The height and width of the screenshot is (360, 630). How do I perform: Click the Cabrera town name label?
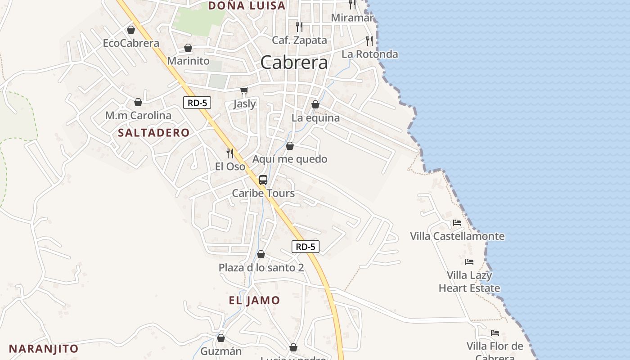pos(294,63)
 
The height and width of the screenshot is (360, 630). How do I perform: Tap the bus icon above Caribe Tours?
pos(263,180)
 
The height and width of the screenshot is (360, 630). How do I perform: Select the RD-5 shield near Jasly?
pos(197,103)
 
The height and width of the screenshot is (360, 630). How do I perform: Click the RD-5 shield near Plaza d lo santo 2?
pos(306,247)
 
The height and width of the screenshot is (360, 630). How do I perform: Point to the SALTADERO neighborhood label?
pos(153,133)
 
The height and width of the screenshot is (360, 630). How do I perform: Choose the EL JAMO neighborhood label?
pos(254,301)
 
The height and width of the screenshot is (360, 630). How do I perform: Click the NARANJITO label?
pos(44,349)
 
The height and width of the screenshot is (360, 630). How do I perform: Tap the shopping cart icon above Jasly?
pos(244,91)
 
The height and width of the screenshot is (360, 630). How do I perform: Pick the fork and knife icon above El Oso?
pos(230,153)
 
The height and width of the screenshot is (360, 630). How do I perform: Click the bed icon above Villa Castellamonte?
pos(457,223)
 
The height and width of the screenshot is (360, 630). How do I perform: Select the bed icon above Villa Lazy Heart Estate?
pos(469,261)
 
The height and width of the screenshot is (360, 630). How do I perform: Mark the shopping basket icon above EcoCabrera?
pos(131,30)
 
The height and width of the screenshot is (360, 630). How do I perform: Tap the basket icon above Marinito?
pos(188,48)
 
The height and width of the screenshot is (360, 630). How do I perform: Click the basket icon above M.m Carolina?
pos(138,102)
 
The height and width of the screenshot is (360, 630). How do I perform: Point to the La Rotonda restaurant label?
pos(370,54)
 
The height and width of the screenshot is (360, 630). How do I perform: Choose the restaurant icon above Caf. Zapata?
pos(299,27)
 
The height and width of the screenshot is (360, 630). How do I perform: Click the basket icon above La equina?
pos(315,104)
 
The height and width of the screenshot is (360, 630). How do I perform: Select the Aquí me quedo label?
pos(290,159)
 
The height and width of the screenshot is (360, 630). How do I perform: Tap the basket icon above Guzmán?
pos(221,338)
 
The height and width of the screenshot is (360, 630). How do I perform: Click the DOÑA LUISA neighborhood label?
pos(247,6)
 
